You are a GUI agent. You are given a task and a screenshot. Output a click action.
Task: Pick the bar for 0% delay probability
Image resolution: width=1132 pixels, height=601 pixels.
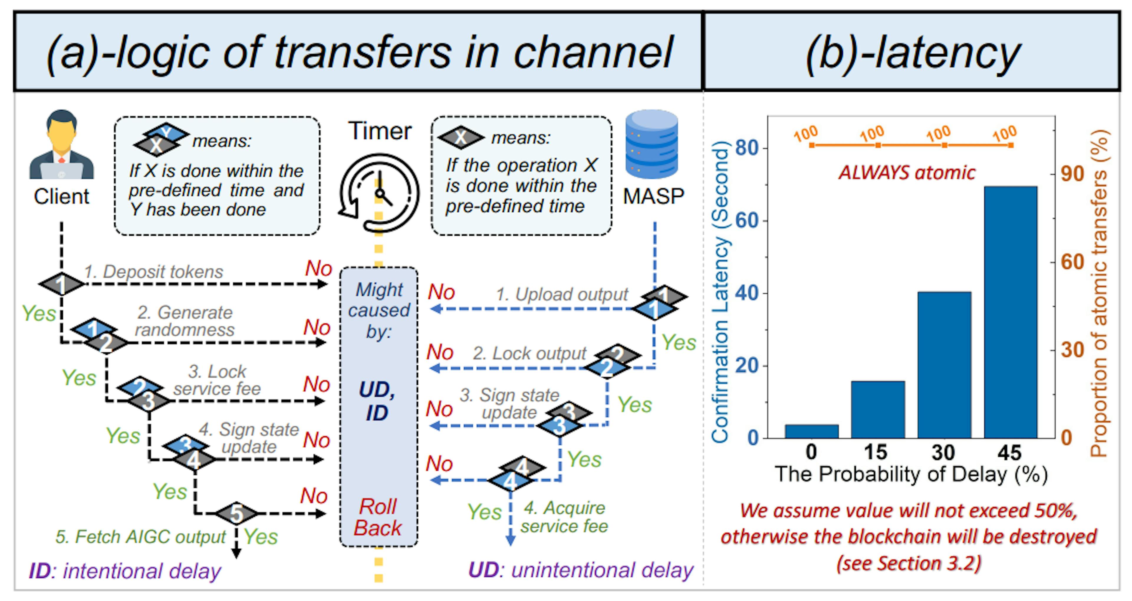[x=811, y=431]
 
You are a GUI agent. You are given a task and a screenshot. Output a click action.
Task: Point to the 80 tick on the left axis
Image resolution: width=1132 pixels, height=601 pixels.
[x=747, y=148]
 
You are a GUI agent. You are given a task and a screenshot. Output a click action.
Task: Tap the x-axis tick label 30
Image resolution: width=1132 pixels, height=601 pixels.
[x=943, y=452]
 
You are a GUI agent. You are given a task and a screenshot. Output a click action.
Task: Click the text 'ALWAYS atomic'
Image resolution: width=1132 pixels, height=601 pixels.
[x=906, y=172]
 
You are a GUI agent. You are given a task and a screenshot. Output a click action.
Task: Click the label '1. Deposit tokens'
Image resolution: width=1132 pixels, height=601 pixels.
[x=154, y=272]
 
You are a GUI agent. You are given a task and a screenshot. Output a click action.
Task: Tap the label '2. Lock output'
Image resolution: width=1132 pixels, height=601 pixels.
[x=529, y=353]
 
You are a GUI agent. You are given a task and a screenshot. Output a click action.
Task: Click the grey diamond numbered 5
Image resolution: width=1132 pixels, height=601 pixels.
[x=236, y=513]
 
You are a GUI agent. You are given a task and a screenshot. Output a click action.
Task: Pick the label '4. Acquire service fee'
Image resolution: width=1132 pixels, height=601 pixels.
[x=564, y=517]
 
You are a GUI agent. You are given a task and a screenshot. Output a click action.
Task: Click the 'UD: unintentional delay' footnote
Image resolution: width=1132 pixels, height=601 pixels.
[x=580, y=570]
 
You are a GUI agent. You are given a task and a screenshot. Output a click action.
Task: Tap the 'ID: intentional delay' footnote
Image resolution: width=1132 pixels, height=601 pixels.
[x=125, y=571]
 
